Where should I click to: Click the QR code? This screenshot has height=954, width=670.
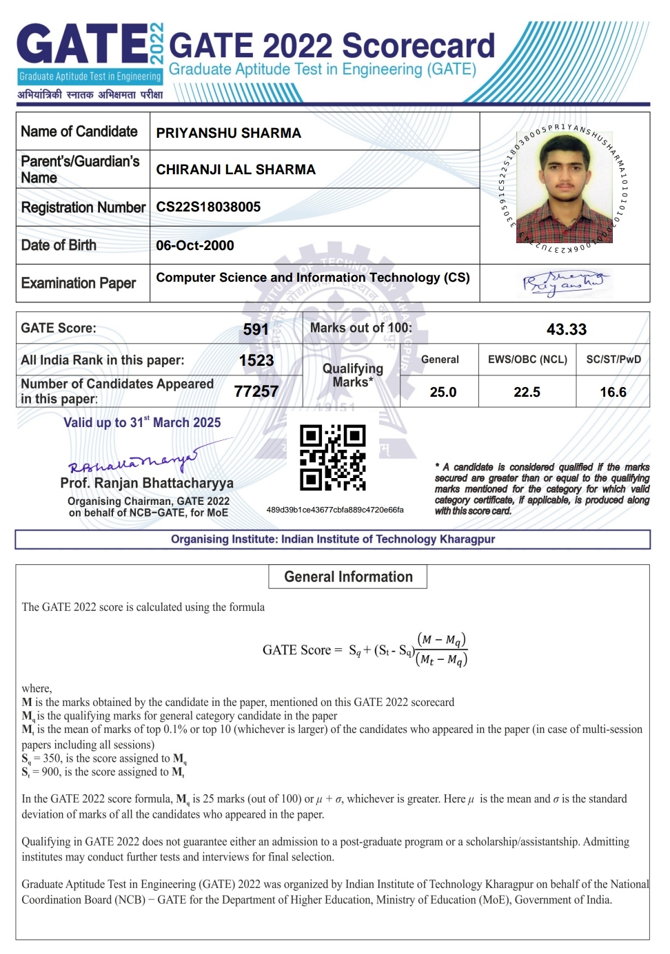click(333, 457)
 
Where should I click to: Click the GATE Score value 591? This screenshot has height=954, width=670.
click(256, 329)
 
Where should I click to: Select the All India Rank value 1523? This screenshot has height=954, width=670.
click(256, 360)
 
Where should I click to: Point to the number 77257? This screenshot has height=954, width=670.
click(256, 391)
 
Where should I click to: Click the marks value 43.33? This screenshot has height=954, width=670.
click(566, 329)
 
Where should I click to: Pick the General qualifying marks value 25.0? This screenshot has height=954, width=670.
click(443, 392)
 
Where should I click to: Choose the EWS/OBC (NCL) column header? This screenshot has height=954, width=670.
click(527, 360)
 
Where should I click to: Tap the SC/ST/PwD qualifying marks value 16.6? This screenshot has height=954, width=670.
click(613, 392)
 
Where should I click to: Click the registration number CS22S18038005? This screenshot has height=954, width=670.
click(208, 207)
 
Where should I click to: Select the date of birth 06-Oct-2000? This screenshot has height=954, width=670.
click(195, 245)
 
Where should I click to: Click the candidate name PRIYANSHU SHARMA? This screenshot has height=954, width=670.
click(229, 133)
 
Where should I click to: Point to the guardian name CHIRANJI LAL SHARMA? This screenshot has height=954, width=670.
click(236, 169)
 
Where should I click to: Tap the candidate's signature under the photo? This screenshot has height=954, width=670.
click(564, 283)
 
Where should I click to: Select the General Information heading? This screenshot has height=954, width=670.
click(348, 577)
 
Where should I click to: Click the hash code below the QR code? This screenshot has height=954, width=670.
click(335, 510)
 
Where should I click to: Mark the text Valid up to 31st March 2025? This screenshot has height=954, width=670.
click(142, 422)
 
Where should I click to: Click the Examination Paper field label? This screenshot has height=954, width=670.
click(79, 283)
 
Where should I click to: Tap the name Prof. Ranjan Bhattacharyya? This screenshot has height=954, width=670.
click(147, 483)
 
